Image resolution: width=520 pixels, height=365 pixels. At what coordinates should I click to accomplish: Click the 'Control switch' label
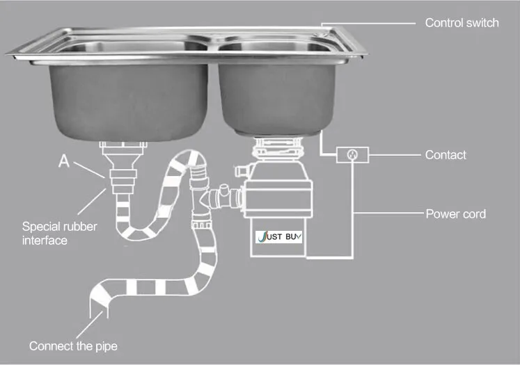pyautogui.click(x=462, y=23)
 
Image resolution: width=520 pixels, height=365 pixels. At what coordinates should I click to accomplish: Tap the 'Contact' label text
pyautogui.click(x=446, y=154)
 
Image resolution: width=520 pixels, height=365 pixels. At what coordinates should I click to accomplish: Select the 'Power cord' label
pyautogui.click(x=456, y=214)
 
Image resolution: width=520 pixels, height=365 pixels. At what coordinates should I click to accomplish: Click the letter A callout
pyautogui.click(x=64, y=161)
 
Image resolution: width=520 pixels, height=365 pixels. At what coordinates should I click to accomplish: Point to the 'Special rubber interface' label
pyautogui.click(x=59, y=233)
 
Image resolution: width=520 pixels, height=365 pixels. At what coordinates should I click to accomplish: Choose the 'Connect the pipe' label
pyautogui.click(x=73, y=346)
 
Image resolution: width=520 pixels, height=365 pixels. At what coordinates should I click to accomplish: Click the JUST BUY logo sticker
pyautogui.click(x=278, y=237)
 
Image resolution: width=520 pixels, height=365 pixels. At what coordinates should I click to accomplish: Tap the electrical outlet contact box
pyautogui.click(x=352, y=154)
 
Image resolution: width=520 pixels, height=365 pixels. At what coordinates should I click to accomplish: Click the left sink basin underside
pyautogui.click(x=129, y=102)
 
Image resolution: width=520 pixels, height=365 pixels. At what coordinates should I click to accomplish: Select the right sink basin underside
pyautogui.click(x=276, y=99)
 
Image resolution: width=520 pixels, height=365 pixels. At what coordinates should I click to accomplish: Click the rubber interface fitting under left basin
pyautogui.click(x=123, y=181)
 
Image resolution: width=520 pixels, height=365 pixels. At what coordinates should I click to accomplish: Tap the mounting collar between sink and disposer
pyautogui.click(x=278, y=148)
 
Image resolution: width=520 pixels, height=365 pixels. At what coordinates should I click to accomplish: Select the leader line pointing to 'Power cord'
pyautogui.click(x=389, y=212)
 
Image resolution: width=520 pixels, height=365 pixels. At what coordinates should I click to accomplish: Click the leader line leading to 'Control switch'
pyautogui.click(x=368, y=24)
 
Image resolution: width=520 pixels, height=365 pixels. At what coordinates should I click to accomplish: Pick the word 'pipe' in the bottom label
pyautogui.click(x=106, y=347)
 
